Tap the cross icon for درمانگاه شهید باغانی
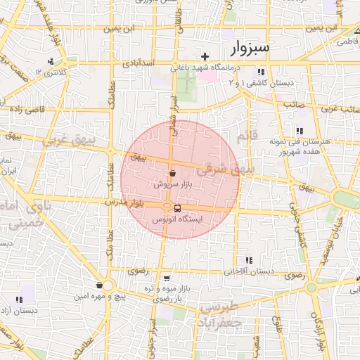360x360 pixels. point(205,56)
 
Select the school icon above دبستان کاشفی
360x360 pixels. point(261,72)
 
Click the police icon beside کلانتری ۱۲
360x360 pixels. point(50,61)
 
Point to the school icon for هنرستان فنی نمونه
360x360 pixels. point(300,131)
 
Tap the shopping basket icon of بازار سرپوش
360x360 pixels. point(172,173)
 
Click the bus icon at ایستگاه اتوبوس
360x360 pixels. point(176,208)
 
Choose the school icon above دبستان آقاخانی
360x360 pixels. point(247,260)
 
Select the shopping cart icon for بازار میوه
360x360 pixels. point(165,278)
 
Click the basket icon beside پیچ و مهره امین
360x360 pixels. point(99,285)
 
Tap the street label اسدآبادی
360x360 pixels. point(139,64)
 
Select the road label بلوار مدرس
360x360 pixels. point(127,202)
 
